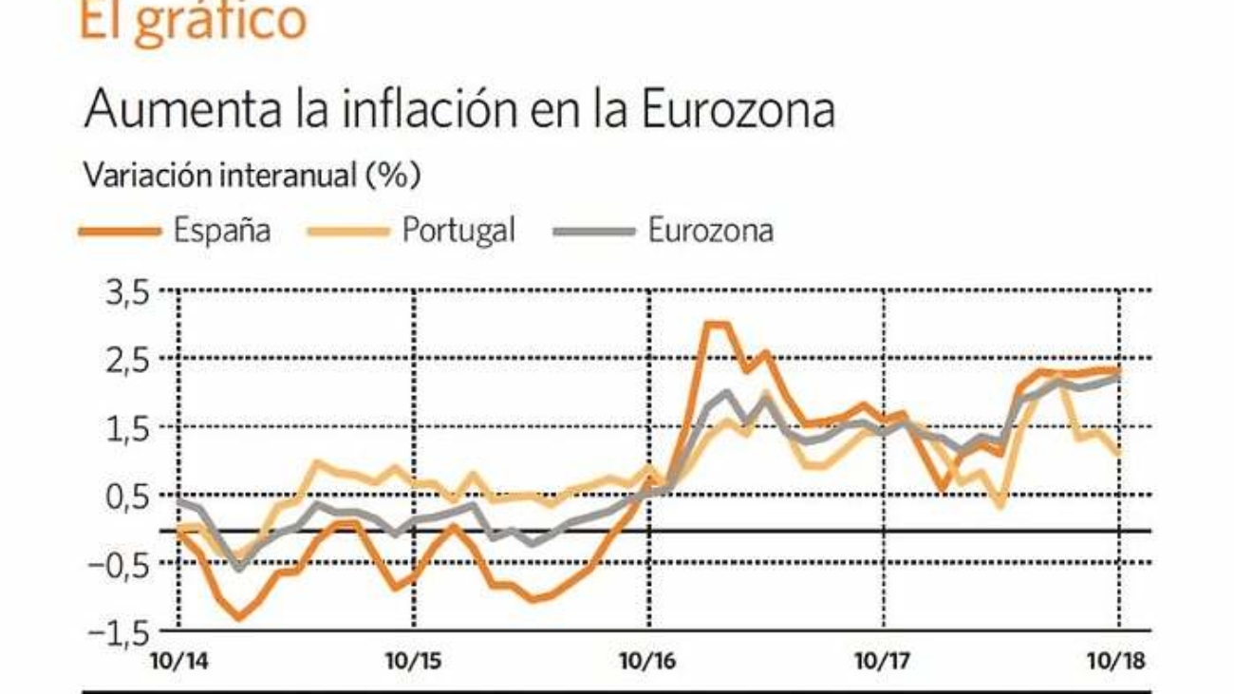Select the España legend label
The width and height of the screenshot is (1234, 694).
coord(221,231)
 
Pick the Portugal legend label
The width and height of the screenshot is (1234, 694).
coord(458,231)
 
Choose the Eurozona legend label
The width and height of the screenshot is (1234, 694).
coord(710,231)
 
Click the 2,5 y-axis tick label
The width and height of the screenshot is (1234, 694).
coord(129,360)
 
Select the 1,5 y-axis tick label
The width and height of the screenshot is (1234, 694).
coord(129,427)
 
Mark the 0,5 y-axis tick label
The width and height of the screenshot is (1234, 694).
coord(129,496)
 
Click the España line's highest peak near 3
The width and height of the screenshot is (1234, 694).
coord(717,325)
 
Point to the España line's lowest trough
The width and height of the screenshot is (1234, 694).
coord(237,618)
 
